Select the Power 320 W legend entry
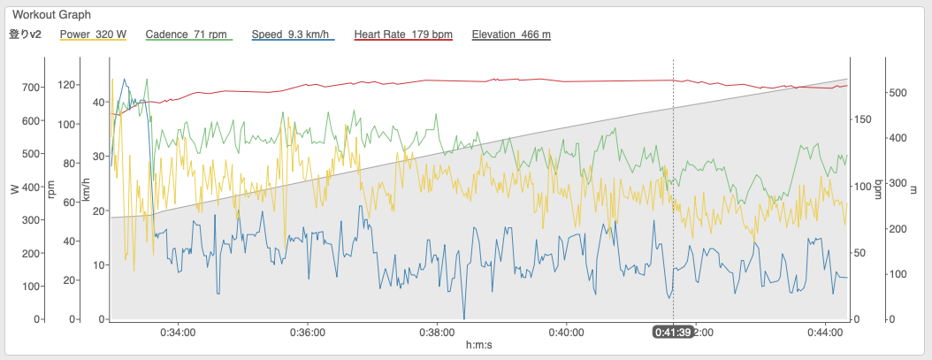pos(94,34)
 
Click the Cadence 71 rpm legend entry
pos(189,34)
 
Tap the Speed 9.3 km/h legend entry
pos(293,34)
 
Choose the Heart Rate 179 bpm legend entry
pos(403,34)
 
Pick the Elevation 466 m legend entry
pos(511,34)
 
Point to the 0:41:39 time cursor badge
pos(673,332)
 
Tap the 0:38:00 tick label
pos(437,332)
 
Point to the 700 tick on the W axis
pos(32,88)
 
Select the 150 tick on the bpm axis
pos(862,119)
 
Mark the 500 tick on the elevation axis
pos(898,93)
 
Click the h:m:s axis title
pos(479,345)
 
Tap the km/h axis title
pos(86,189)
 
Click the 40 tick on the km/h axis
pos(99,103)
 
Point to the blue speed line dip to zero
pos(463,318)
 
